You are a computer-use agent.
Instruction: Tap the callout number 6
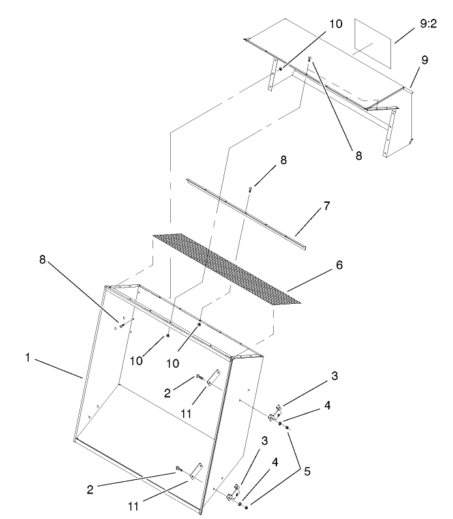[340, 266]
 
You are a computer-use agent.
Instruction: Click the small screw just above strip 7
[250, 190]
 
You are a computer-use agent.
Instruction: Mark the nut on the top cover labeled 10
[280, 68]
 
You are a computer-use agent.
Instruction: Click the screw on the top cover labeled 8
[310, 60]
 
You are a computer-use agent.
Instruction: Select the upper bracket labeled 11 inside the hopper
[213, 379]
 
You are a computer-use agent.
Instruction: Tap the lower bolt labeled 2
[177, 469]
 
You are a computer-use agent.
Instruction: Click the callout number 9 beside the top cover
[424, 60]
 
